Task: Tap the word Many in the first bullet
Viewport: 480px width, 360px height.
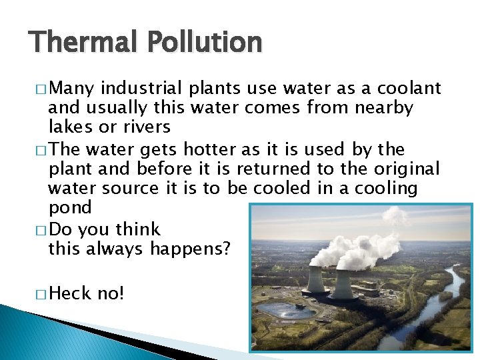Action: pos(75,88)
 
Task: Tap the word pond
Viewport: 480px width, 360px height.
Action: pos(70,209)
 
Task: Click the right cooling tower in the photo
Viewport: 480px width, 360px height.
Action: pos(344,283)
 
